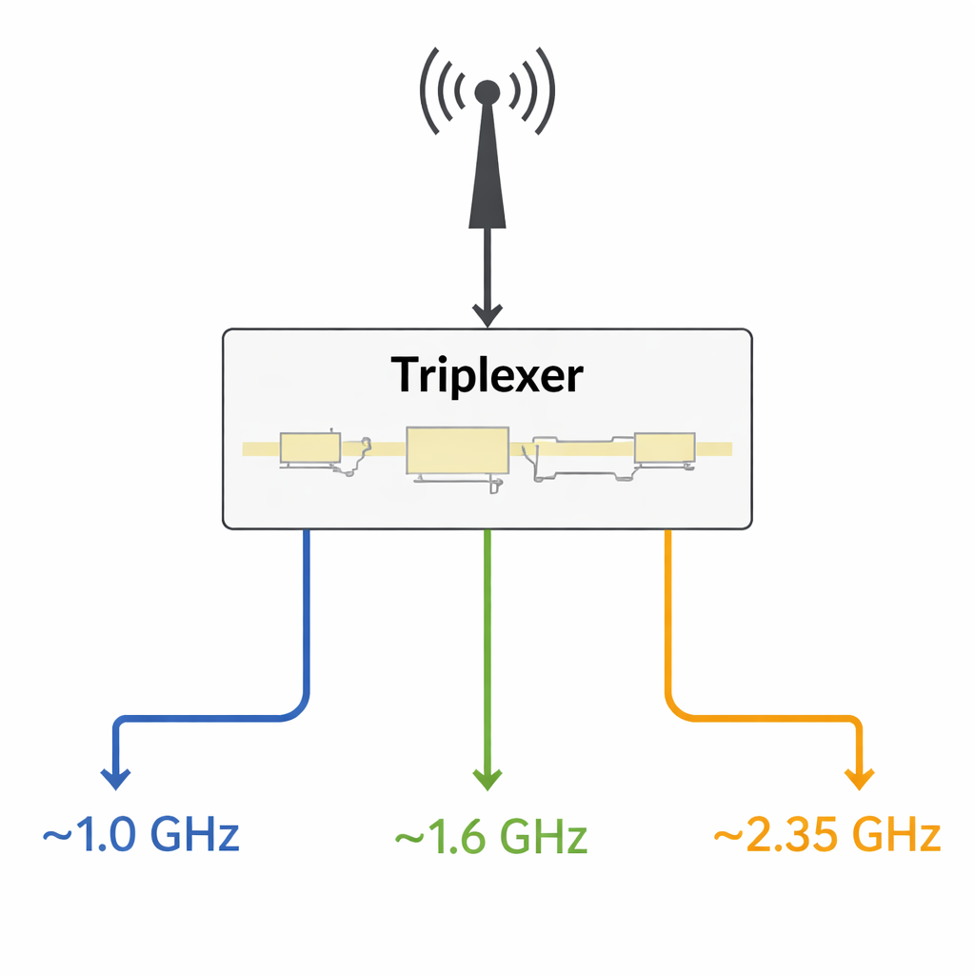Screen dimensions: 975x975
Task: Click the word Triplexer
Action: click(487, 376)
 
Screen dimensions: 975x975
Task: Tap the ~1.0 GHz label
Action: click(141, 835)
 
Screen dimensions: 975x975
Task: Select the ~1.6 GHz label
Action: click(490, 837)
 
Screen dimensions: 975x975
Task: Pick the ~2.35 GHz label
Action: click(826, 835)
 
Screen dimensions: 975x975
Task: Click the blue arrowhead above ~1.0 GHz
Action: click(115, 778)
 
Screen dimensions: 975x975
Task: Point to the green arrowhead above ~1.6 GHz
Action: click(487, 778)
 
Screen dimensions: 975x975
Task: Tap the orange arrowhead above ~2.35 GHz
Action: click(859, 778)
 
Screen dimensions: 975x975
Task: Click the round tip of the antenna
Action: click(487, 91)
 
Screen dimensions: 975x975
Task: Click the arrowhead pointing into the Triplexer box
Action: click(487, 315)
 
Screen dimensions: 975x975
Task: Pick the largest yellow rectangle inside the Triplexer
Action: click(456, 450)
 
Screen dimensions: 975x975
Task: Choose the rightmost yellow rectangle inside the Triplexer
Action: click(665, 447)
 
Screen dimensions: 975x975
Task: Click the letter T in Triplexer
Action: click(406, 376)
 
